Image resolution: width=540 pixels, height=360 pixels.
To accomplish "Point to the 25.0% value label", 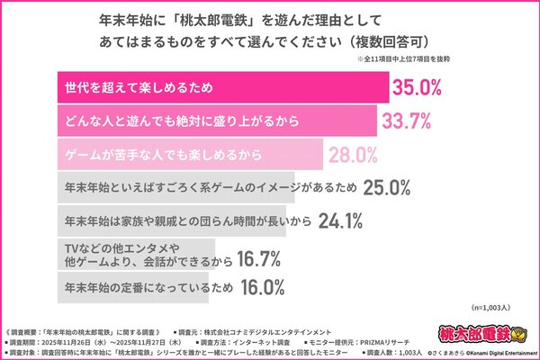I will coord(386,187).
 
